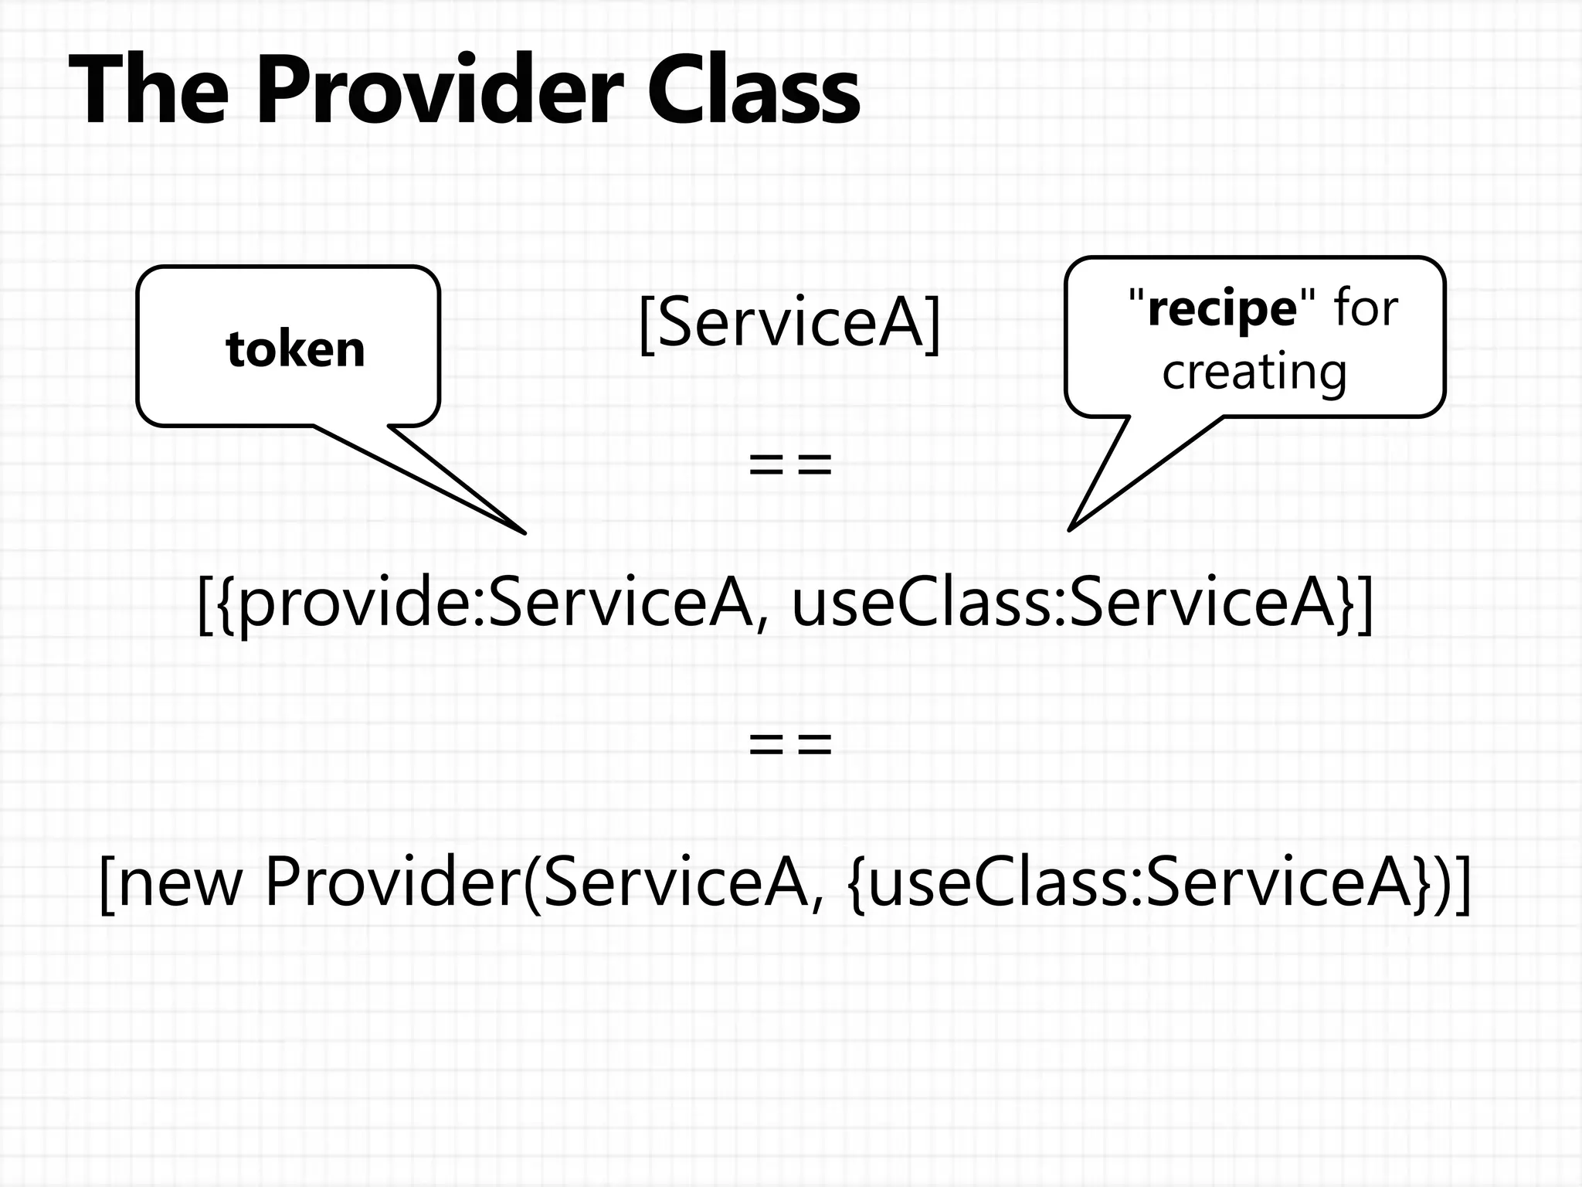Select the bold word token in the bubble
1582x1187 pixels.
(x=295, y=349)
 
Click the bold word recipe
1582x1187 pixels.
(x=1222, y=309)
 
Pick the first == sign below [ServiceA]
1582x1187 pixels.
(x=790, y=465)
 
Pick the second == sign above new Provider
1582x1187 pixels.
(x=790, y=743)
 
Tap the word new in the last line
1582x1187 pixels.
(x=179, y=883)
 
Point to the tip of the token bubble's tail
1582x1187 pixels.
(x=525, y=532)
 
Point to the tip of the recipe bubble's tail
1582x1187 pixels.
(x=1070, y=529)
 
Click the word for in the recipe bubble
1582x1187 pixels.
(x=1366, y=309)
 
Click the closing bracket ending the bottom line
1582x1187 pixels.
(x=1462, y=885)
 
